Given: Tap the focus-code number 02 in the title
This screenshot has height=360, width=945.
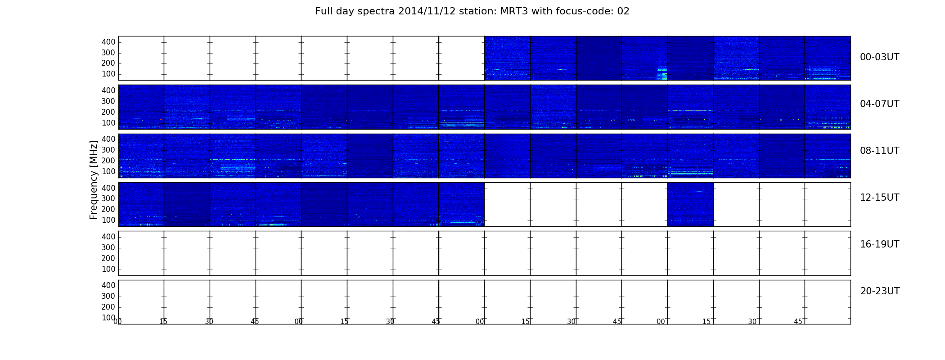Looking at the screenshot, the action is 623,11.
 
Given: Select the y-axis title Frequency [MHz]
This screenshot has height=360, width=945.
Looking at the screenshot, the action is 94,180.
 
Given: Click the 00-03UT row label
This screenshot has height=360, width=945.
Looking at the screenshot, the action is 879,57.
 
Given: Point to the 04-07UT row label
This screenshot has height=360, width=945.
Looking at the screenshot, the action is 879,104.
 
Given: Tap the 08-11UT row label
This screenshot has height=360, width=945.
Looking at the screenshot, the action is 879,151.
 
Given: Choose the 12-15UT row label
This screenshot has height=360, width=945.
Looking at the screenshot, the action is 879,198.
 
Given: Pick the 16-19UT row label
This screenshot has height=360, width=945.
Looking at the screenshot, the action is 879,244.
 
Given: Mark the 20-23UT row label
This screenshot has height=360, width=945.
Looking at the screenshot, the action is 880,291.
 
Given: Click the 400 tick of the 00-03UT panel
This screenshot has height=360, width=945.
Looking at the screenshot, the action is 108,42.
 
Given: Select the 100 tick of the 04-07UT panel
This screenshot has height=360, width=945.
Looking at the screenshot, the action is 108,123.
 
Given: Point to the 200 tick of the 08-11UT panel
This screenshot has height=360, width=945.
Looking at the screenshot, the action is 108,161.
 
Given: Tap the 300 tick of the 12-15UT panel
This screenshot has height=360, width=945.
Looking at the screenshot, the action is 108,198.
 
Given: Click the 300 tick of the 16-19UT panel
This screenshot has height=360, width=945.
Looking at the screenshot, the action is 108,247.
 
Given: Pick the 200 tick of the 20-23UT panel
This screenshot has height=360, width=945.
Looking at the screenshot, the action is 108,307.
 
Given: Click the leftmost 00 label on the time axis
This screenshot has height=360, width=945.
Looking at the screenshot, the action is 117,321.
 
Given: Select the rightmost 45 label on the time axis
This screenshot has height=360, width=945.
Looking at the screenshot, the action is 798,321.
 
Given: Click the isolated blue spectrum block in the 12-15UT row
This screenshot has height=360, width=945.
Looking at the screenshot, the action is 690,204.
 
